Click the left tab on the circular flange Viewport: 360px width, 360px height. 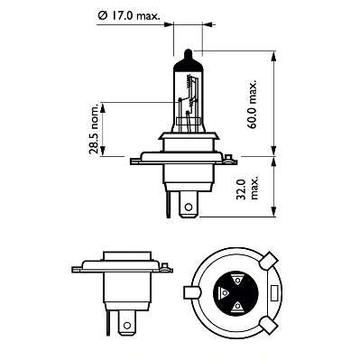190,292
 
